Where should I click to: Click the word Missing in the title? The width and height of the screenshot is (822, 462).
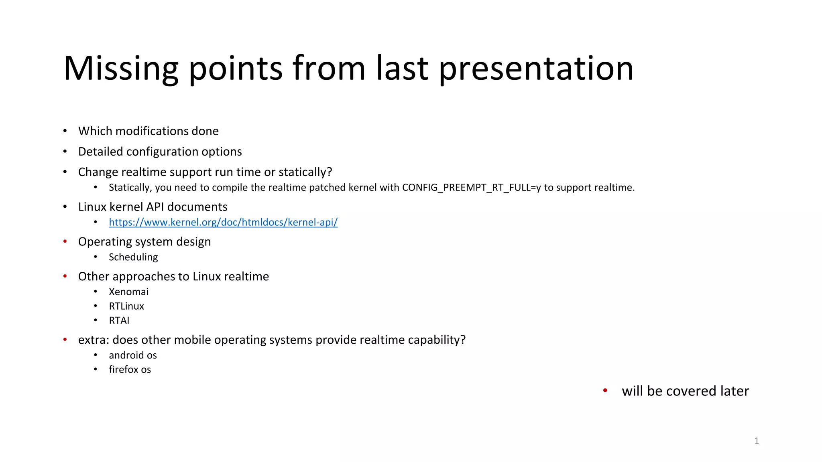[121, 69]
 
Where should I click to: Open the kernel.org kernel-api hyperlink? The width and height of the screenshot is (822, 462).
[223, 222]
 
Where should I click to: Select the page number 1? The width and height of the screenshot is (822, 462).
[756, 441]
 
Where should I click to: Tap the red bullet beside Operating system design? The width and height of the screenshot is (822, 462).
[65, 241]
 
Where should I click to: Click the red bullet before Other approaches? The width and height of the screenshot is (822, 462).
[65, 276]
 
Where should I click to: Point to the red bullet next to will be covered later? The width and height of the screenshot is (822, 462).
[605, 391]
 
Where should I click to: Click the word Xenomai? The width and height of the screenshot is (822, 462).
[128, 292]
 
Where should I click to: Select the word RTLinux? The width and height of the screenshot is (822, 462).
[126, 306]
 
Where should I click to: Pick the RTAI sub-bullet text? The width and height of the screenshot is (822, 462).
[119, 320]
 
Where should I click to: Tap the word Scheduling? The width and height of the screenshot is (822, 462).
[133, 257]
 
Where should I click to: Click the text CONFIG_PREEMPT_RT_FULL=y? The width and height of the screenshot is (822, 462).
[472, 188]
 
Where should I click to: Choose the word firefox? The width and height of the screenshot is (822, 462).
[123, 370]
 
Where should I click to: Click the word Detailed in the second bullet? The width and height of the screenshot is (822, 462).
[100, 152]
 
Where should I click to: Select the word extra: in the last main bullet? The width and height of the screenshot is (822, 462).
[94, 340]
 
